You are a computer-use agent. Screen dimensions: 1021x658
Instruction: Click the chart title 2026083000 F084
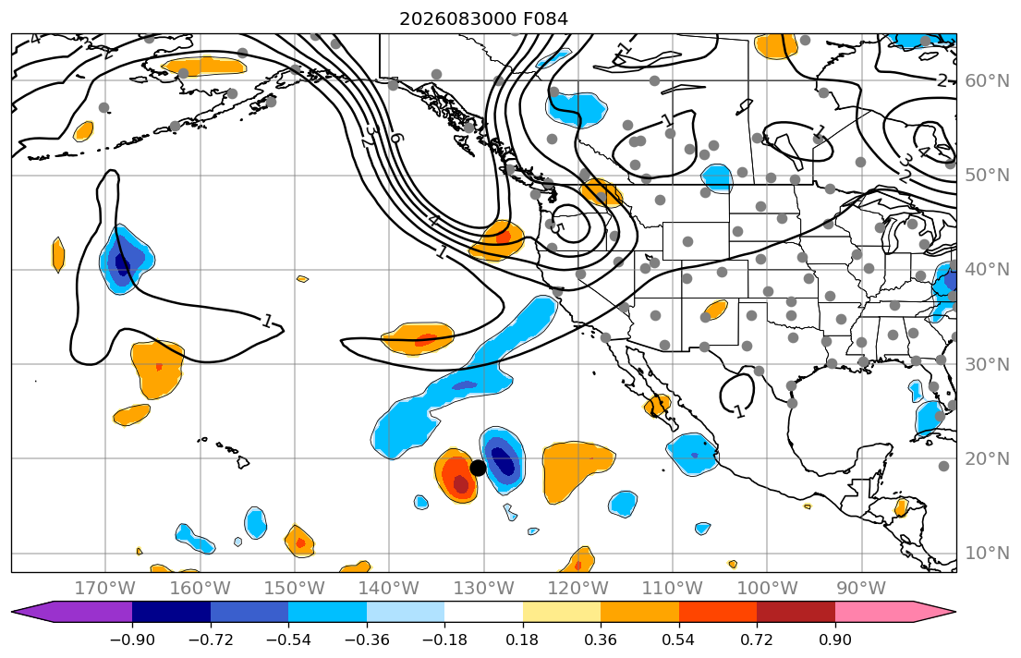click(x=483, y=18)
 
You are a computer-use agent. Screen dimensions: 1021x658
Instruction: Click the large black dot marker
click(x=478, y=468)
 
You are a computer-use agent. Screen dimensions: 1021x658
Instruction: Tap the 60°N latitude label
click(x=987, y=80)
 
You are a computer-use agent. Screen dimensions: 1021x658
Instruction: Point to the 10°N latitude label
click(x=987, y=554)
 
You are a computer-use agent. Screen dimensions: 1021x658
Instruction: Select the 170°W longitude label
click(x=105, y=589)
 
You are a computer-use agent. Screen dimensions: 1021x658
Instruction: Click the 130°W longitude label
click(x=484, y=589)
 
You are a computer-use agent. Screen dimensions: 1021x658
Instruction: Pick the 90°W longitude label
click(x=861, y=589)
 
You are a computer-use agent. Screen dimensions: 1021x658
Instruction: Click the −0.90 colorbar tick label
click(x=132, y=640)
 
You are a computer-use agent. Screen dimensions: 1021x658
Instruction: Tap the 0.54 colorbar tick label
click(x=678, y=640)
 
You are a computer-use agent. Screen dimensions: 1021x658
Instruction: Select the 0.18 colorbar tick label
click(x=522, y=640)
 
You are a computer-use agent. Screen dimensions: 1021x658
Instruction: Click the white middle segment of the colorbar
click(x=484, y=612)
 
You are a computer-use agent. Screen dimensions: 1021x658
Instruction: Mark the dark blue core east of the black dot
click(x=502, y=460)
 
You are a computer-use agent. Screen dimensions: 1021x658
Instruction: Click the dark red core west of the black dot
click(x=460, y=484)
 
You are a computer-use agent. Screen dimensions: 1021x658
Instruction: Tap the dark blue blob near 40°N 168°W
click(x=122, y=262)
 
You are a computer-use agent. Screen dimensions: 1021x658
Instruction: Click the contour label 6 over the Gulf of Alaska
click(x=395, y=138)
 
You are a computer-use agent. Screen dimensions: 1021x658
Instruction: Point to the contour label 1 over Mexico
click(x=739, y=411)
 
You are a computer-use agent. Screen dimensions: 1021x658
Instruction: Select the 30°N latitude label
click(x=987, y=364)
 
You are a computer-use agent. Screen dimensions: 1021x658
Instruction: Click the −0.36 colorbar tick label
click(x=367, y=640)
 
